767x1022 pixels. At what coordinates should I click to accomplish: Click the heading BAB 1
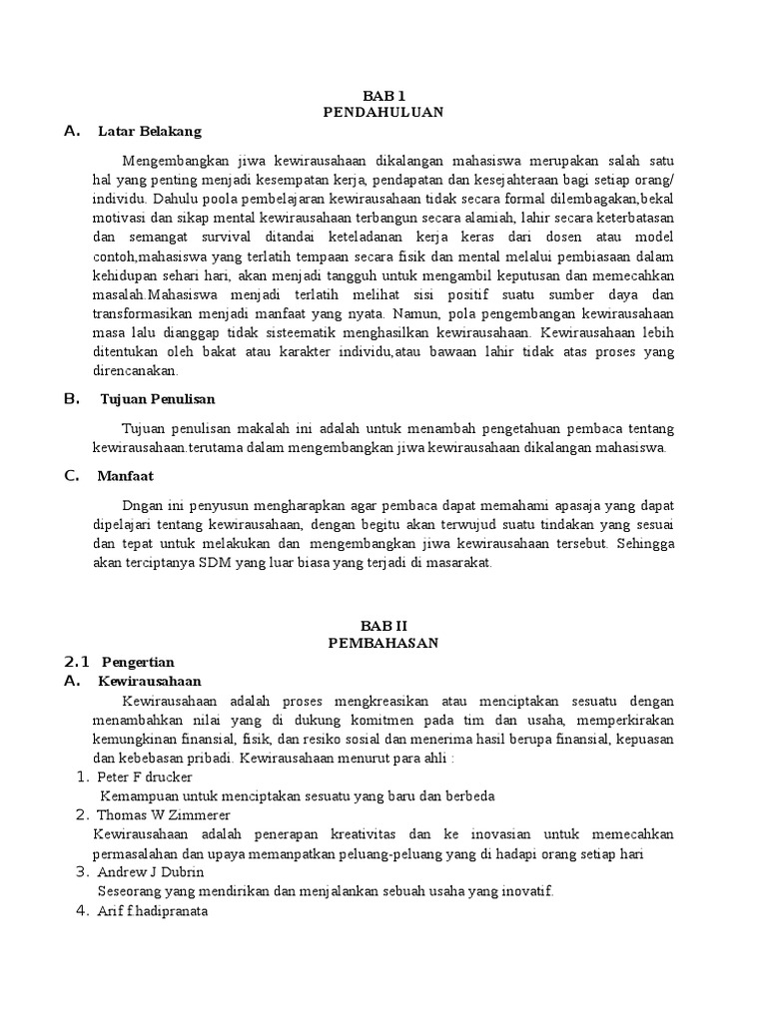(383, 95)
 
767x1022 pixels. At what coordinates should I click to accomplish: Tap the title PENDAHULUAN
(383, 113)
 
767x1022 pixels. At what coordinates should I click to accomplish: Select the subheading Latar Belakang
(150, 131)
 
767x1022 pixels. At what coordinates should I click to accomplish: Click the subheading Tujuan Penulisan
(158, 399)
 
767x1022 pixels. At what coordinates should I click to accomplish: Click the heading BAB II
(383, 625)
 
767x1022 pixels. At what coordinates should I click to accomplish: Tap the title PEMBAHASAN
(383, 643)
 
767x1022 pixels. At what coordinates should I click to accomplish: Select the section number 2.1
(77, 662)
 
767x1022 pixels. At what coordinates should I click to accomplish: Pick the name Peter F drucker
(146, 776)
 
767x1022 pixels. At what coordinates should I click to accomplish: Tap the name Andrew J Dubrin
(149, 871)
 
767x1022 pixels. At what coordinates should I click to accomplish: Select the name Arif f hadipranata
(153, 910)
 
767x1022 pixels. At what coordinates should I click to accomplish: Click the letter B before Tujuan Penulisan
(70, 399)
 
